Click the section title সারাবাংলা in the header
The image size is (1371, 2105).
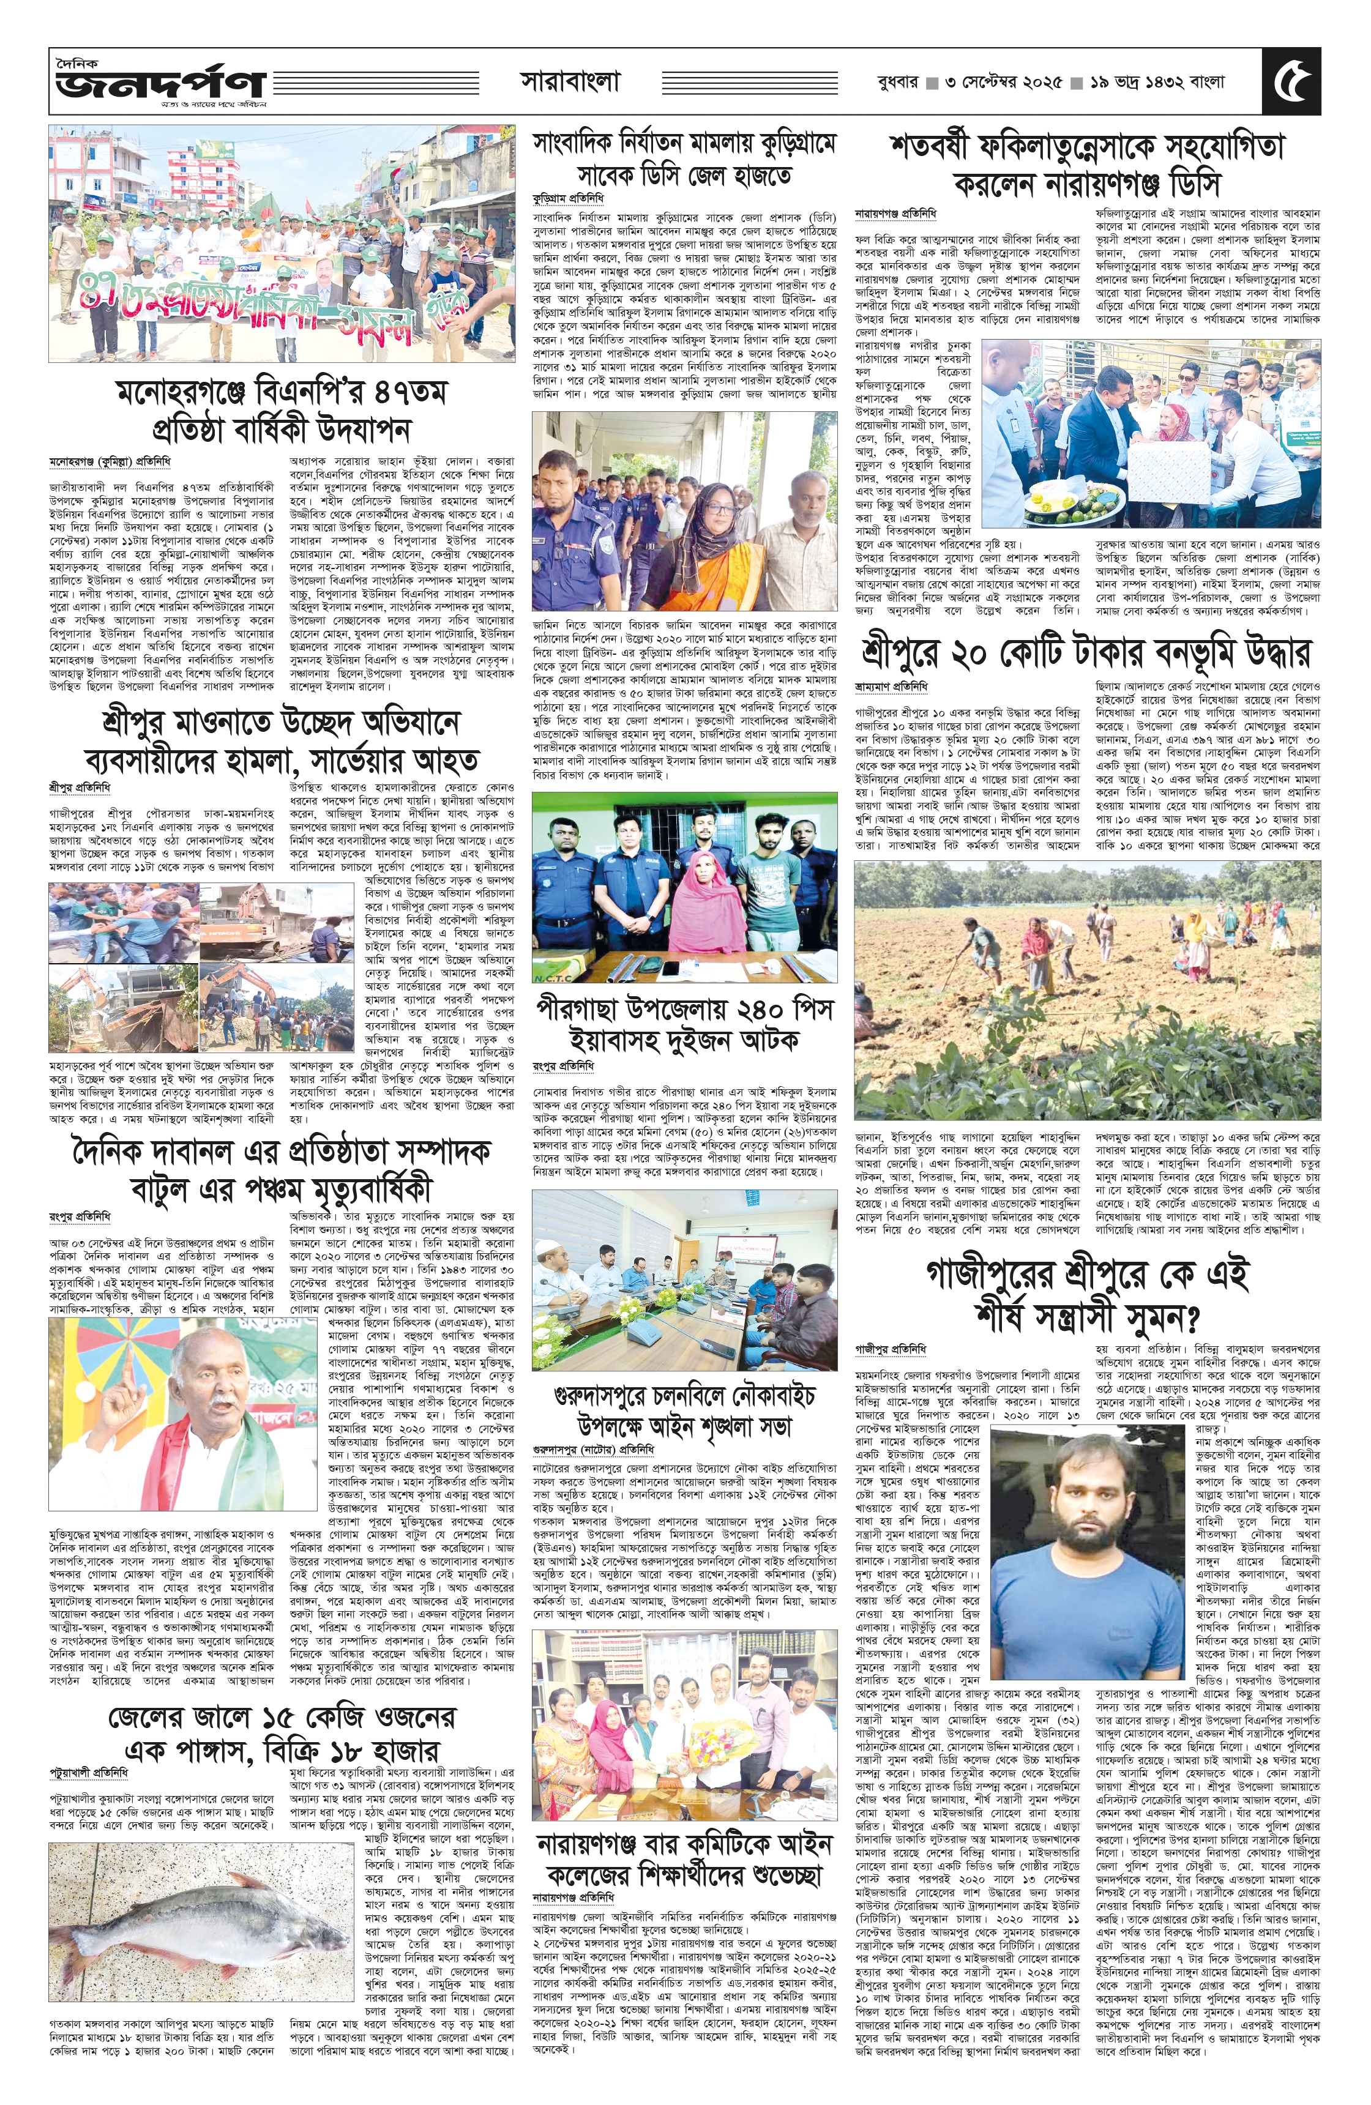[x=570, y=82]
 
